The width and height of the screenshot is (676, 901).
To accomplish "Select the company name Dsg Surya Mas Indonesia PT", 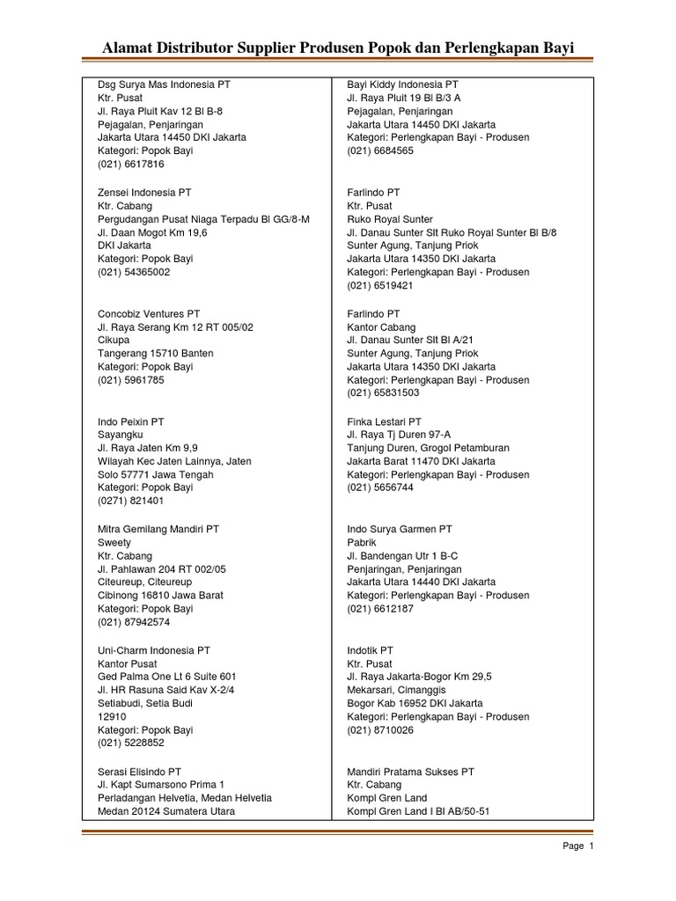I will [x=164, y=84].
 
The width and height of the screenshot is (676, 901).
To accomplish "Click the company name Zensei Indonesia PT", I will [x=144, y=192].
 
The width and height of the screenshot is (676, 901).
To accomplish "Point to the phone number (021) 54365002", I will [x=134, y=273].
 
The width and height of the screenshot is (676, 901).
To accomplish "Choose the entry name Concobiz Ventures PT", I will [x=149, y=313].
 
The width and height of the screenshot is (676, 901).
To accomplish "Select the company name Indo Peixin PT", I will [x=133, y=421].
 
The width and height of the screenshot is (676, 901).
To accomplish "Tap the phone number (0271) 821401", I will [x=131, y=502].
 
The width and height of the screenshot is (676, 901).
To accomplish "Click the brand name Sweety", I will [x=114, y=543].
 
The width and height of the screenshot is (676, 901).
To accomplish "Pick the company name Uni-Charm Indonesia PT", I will [x=154, y=650].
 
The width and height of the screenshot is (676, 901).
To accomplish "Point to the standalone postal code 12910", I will [x=111, y=717].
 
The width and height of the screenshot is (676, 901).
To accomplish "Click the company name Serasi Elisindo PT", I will [x=139, y=772].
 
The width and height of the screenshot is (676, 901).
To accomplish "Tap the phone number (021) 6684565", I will [x=380, y=151].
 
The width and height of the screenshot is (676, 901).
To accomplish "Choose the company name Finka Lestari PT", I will [x=385, y=421].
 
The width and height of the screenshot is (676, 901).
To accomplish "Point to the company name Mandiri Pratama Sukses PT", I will [x=411, y=772].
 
